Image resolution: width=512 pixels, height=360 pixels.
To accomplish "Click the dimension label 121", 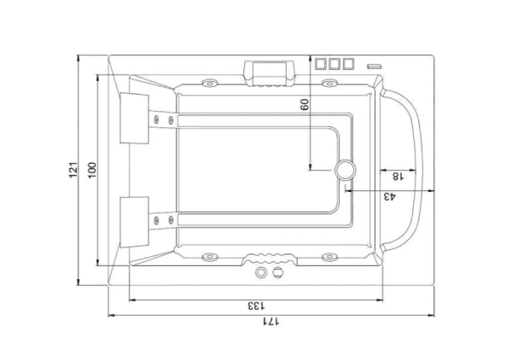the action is pos(73,170).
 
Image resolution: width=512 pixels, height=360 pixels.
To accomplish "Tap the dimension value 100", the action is pos(92,170).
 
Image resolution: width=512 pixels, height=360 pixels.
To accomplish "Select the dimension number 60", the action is pos(305,104).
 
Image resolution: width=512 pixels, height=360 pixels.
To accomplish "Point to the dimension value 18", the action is pos(398,177).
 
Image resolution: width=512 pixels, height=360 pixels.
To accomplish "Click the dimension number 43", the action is pos(389,196).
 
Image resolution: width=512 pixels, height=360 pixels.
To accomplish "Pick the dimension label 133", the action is pos(256,306).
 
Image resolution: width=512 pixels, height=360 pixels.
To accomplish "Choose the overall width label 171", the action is pos(271,322).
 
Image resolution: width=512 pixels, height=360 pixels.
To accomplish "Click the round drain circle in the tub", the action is pos(345,170).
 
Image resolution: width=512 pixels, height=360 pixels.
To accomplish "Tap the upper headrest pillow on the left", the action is pos(134,118).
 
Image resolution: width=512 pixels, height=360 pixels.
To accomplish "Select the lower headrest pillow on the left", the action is pos(134,222).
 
